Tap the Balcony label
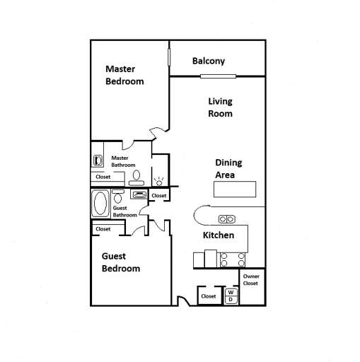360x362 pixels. pyautogui.click(x=209, y=61)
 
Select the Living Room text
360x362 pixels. pyautogui.click(x=220, y=107)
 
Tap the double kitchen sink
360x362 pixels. pyautogui.click(x=227, y=218)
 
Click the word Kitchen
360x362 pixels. pyautogui.click(x=219, y=235)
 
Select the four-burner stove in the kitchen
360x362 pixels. pyautogui.click(x=233, y=259)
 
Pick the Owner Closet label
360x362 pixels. pyautogui.click(x=251, y=279)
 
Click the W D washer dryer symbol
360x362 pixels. pyautogui.click(x=231, y=295)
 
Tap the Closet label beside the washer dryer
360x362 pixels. pyautogui.click(x=209, y=296)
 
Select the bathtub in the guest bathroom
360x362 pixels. pyautogui.click(x=100, y=204)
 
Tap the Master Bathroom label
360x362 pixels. pyautogui.click(x=123, y=161)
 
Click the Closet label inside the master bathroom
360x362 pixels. pyautogui.click(x=103, y=177)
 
